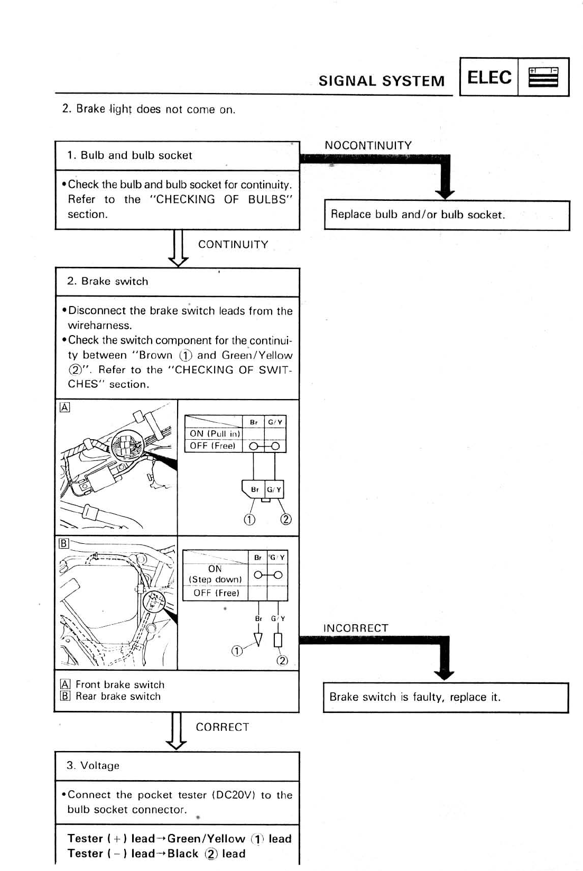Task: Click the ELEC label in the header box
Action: coord(489,77)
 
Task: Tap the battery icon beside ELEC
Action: coord(543,77)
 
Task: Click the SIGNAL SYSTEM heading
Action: coord(381,81)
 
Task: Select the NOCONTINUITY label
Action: coord(368,145)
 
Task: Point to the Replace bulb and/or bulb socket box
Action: coord(447,215)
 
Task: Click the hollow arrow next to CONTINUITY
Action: coord(178,249)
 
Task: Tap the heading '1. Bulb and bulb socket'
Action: coord(129,155)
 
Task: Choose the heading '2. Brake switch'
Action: coord(108,281)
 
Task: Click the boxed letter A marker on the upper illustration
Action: coord(64,407)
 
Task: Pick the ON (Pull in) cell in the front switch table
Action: coord(215,433)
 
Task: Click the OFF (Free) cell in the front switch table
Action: coord(212,446)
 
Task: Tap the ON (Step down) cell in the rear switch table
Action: coord(215,574)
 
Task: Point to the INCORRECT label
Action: coord(355,628)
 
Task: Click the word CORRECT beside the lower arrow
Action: coord(222,727)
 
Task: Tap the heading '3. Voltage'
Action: coord(93,765)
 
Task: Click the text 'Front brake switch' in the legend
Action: coord(120,684)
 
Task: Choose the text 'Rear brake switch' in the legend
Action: coord(118,696)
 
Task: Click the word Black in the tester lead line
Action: coord(183,854)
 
